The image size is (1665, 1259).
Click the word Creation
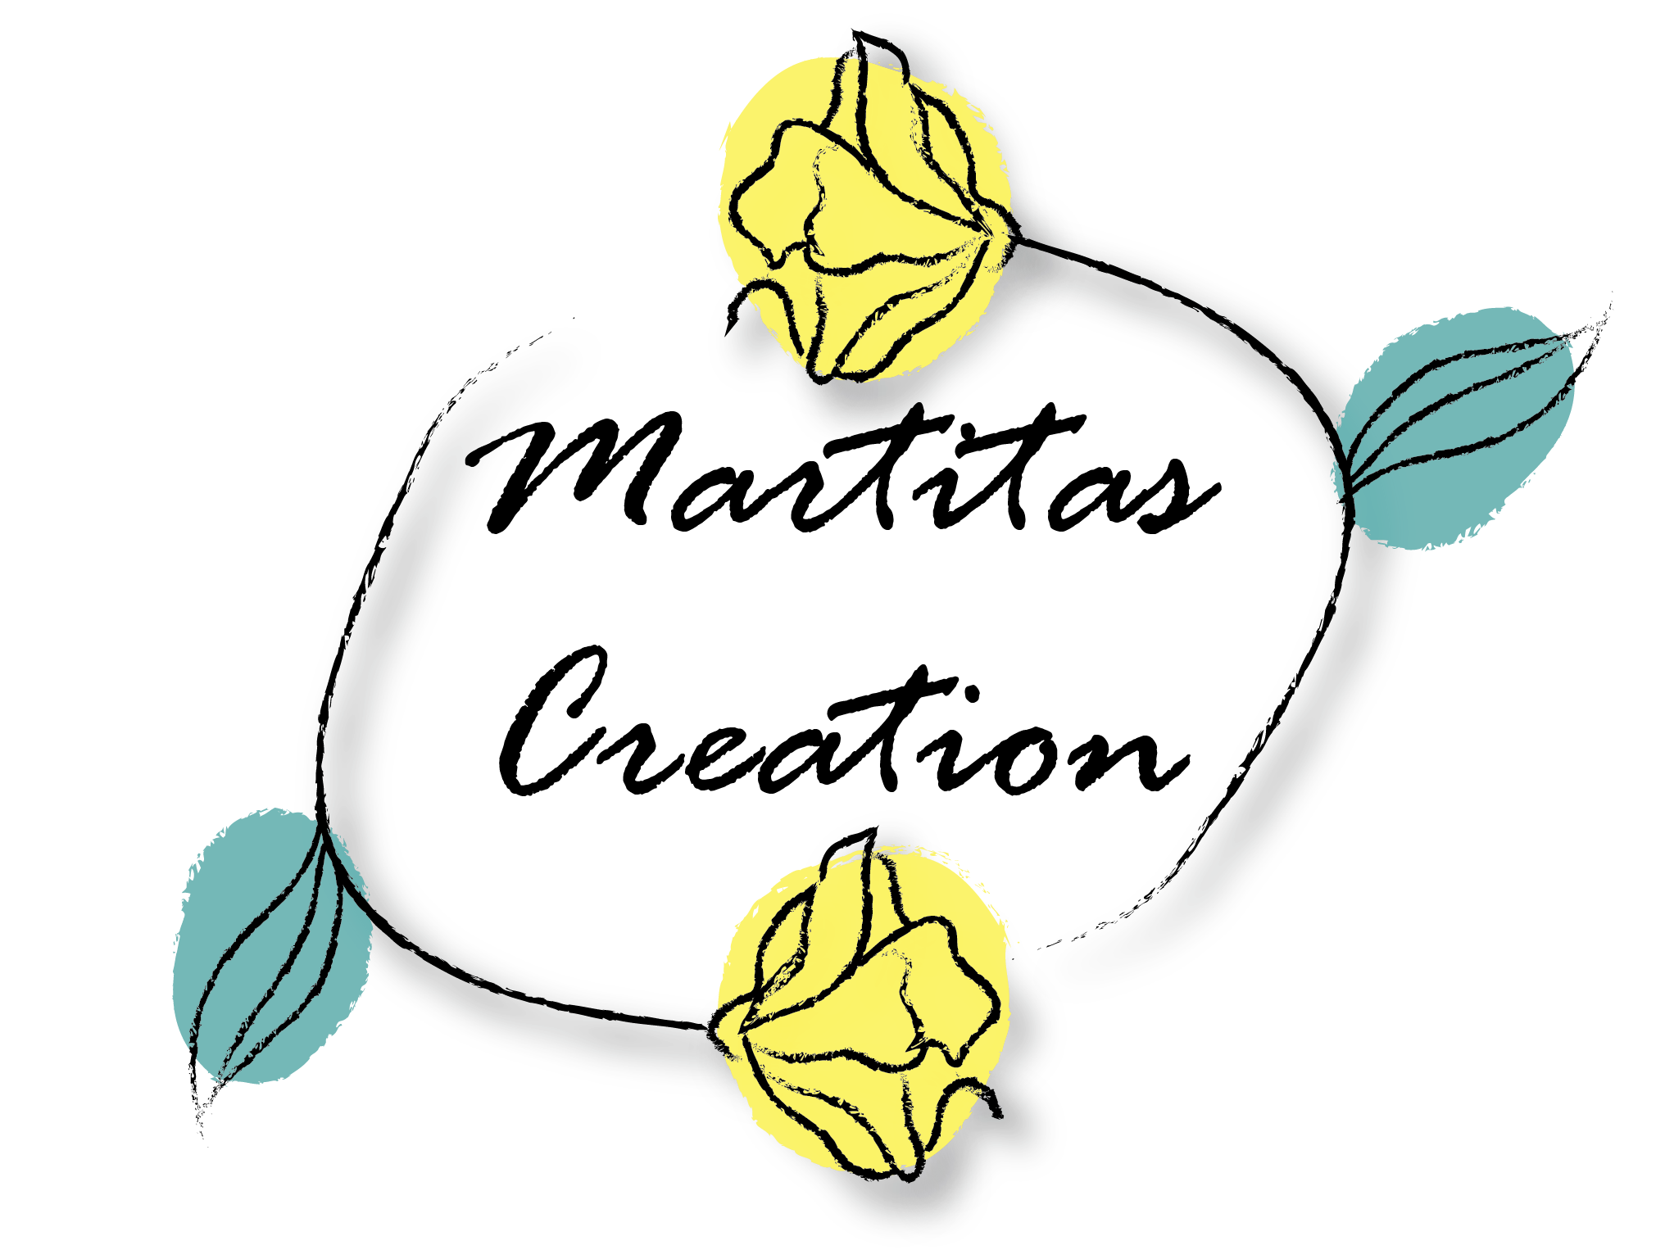pos(844,725)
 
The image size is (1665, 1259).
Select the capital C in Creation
pos(553,721)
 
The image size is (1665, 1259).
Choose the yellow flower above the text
pos(869,209)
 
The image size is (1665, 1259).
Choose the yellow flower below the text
pos(860,1008)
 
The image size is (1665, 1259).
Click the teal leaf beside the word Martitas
pos(1459,426)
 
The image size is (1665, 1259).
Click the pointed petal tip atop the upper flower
pos(855,33)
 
